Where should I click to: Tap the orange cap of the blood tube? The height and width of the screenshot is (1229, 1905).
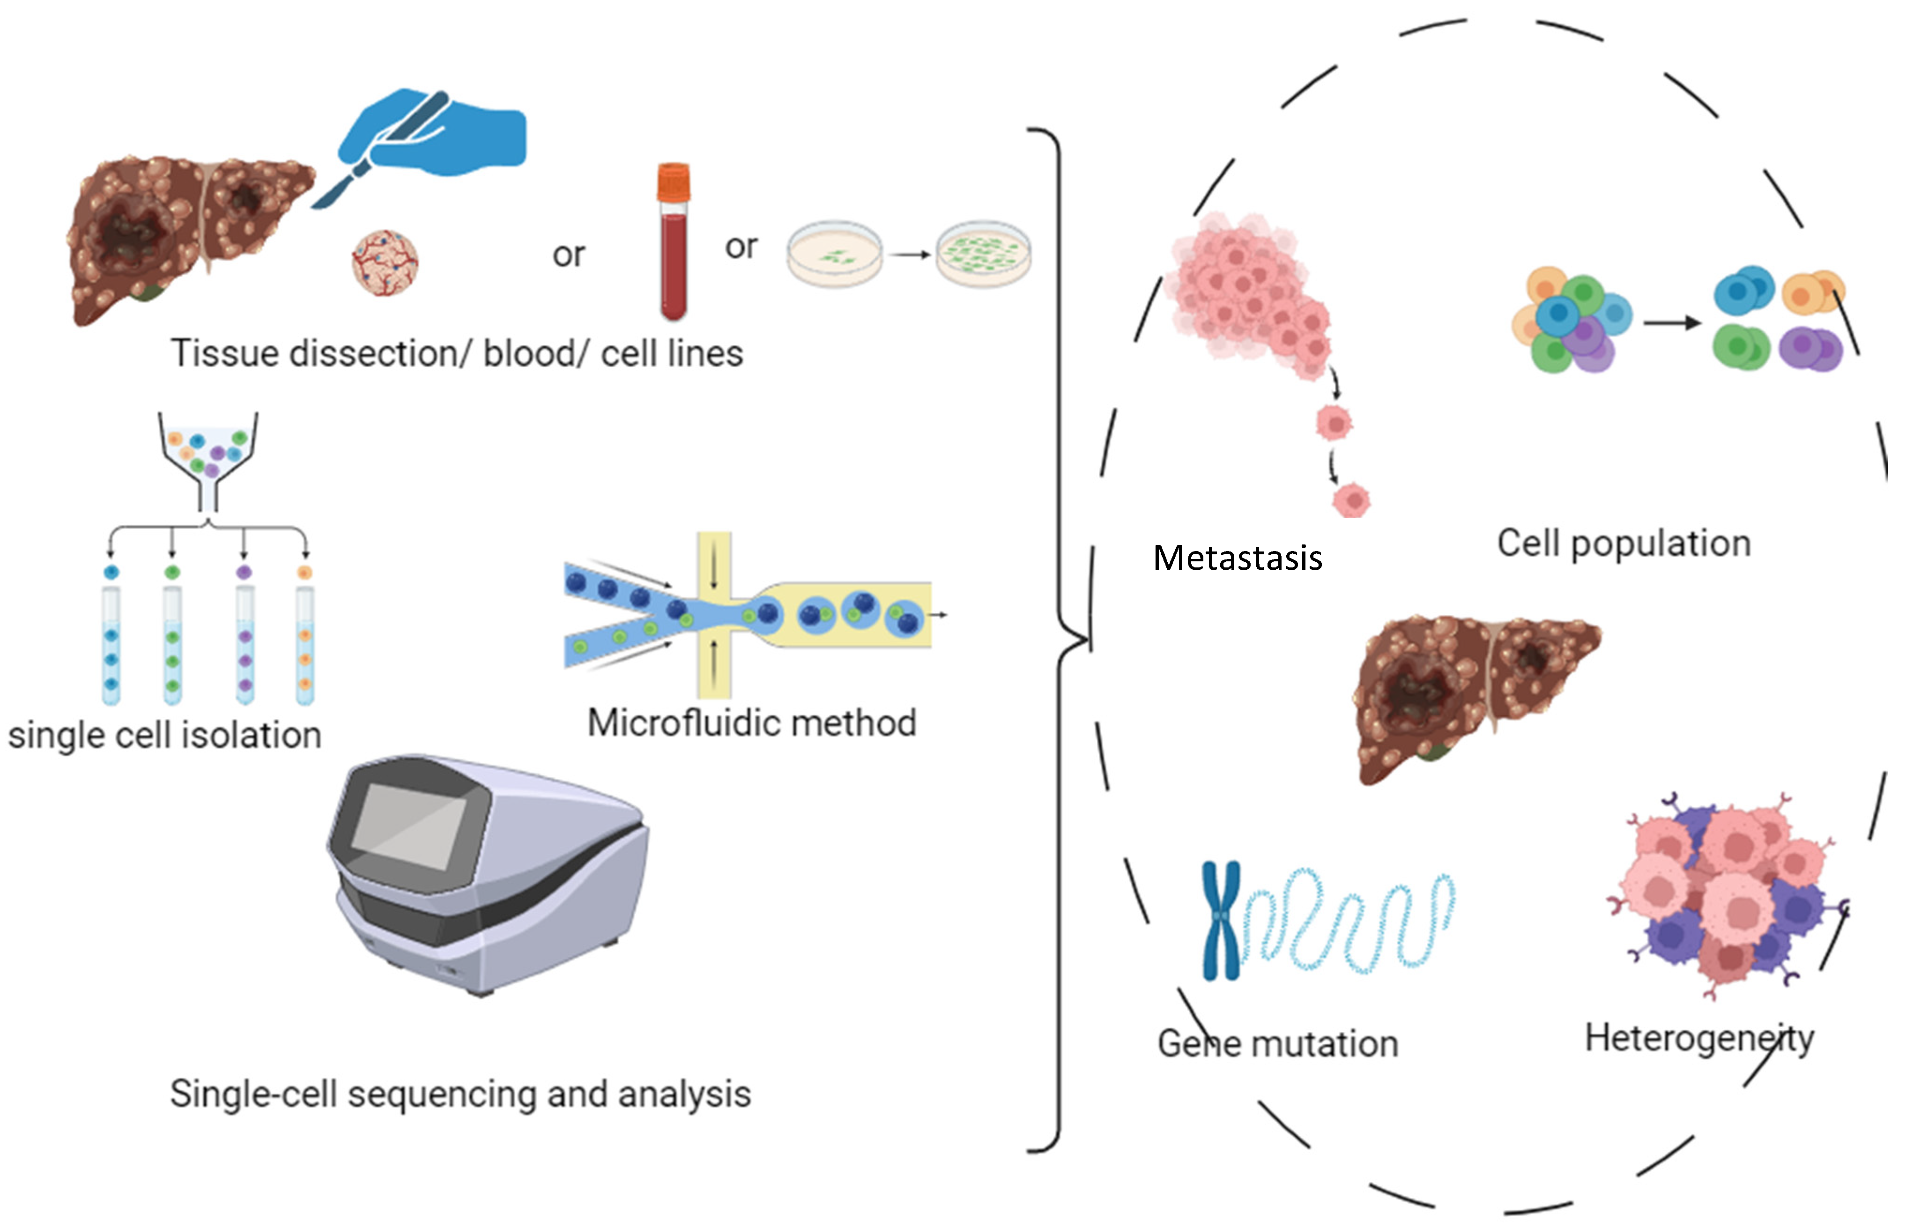coord(673,181)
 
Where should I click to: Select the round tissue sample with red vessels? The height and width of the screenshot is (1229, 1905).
coord(385,262)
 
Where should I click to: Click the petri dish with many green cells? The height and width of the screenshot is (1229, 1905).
coord(983,254)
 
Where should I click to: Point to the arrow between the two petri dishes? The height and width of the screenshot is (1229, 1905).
coord(910,254)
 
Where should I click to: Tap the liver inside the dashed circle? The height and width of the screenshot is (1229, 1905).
coord(1476,694)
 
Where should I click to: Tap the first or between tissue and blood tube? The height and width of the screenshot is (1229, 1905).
coord(568,255)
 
